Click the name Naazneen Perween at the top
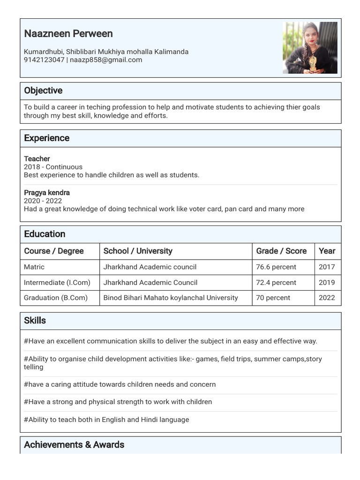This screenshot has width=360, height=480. (x=68, y=34)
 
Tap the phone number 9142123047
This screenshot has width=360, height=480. (x=44, y=60)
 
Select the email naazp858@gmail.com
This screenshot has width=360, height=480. (x=106, y=60)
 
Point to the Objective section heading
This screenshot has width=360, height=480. (x=43, y=90)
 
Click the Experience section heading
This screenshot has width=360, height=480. (x=46, y=138)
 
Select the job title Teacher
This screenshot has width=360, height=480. (x=37, y=159)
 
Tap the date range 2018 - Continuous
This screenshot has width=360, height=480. (x=53, y=167)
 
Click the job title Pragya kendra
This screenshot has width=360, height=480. (x=47, y=193)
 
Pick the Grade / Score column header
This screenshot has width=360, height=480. (x=281, y=251)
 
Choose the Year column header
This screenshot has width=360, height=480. (x=327, y=251)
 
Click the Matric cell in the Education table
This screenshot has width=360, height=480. (x=34, y=267)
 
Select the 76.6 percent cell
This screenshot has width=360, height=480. (x=276, y=267)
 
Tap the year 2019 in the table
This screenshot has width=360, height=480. (x=327, y=283)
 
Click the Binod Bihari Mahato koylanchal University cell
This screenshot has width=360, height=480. (x=171, y=298)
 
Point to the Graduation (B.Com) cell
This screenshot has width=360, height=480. (x=56, y=298)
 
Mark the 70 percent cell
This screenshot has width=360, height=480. (x=273, y=298)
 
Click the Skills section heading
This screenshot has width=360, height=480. (x=35, y=321)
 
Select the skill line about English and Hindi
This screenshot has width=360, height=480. (x=106, y=420)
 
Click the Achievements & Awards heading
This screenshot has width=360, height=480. (x=74, y=445)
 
